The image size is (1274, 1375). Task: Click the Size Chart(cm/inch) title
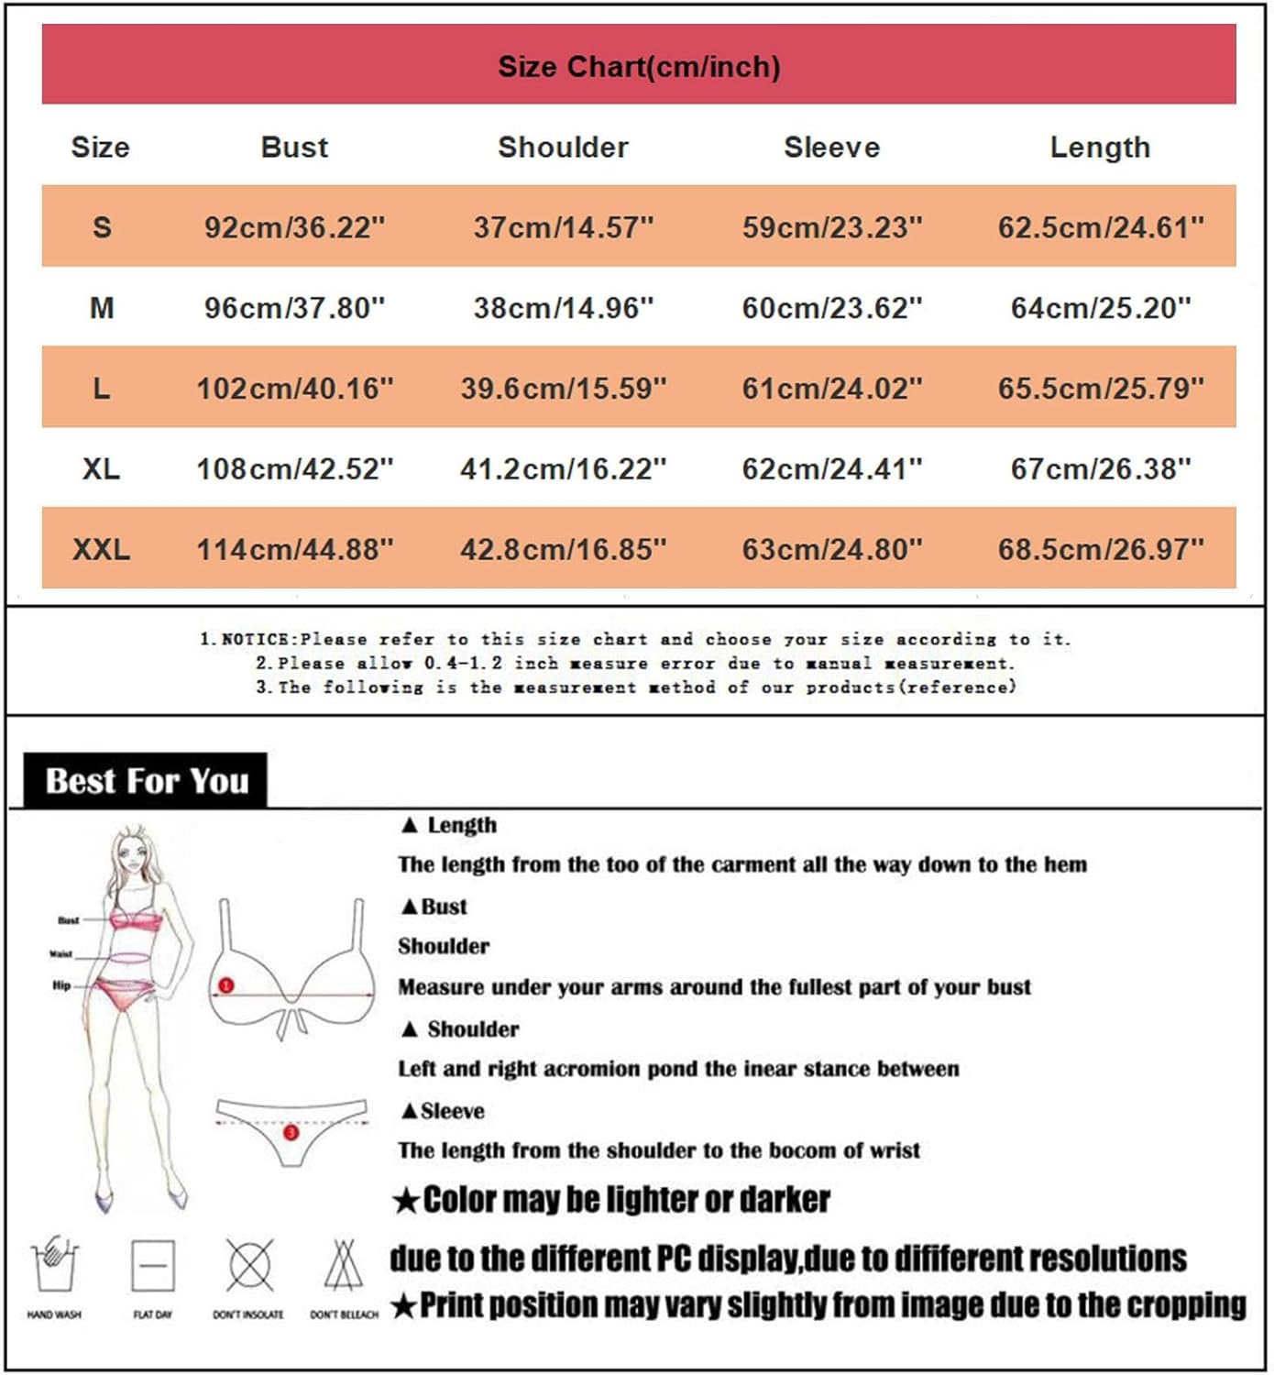click(639, 66)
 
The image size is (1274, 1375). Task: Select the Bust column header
click(294, 147)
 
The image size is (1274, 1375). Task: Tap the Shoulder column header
click(563, 147)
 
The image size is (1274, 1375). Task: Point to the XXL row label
click(101, 549)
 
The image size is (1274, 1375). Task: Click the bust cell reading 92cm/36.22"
click(294, 226)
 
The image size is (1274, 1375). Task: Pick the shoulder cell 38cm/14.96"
click(563, 307)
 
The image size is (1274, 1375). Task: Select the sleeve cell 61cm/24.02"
click(831, 388)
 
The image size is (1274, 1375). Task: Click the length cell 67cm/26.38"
click(1100, 468)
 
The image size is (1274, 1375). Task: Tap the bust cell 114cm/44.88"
click(294, 549)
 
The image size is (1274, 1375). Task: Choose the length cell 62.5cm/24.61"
click(1100, 226)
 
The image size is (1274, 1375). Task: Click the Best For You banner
click(147, 781)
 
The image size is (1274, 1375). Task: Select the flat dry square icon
click(153, 1266)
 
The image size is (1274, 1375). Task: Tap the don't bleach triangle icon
click(344, 1266)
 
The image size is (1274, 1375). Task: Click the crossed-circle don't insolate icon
click(249, 1266)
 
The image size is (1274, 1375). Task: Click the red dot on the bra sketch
click(226, 985)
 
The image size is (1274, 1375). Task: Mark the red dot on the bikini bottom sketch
click(291, 1133)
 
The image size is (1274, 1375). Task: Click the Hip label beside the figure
click(61, 985)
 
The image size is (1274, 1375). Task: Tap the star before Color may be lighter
click(405, 1201)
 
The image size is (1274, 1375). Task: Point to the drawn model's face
click(132, 859)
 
